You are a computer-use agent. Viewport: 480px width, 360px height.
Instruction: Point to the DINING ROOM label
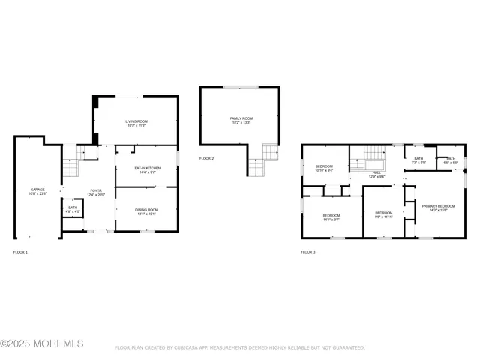click(x=147, y=211)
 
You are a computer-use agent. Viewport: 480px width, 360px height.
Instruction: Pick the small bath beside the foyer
click(x=73, y=210)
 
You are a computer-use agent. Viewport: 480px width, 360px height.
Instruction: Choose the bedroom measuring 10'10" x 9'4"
click(x=324, y=168)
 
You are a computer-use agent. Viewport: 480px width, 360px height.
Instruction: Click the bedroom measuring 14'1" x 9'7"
click(x=331, y=217)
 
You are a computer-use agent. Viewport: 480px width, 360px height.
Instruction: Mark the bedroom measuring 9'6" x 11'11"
click(x=383, y=214)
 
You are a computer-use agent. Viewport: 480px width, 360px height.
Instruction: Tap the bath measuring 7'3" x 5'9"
click(x=418, y=160)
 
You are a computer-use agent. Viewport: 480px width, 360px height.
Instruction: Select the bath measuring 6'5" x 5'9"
click(x=450, y=160)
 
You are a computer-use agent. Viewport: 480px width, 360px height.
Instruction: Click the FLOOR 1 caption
click(x=20, y=252)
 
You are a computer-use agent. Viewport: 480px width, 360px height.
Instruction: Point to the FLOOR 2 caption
click(x=206, y=158)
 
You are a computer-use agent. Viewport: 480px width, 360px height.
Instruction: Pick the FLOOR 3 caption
click(x=308, y=252)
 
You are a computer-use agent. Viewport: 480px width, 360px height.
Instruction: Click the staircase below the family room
click(x=257, y=160)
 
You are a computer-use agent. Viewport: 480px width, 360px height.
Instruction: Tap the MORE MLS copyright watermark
click(x=42, y=343)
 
